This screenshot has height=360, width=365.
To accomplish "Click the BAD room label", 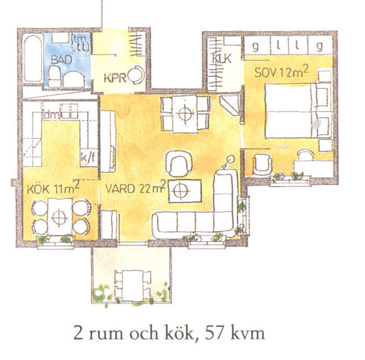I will [x=61, y=60].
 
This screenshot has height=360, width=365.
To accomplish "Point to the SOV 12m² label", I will [x=281, y=72].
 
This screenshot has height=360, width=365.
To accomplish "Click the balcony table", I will [x=133, y=283].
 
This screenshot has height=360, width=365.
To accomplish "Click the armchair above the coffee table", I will [x=179, y=163].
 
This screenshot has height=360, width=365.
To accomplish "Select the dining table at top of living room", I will [x=185, y=112].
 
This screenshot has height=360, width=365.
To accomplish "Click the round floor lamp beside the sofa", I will [x=231, y=160].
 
